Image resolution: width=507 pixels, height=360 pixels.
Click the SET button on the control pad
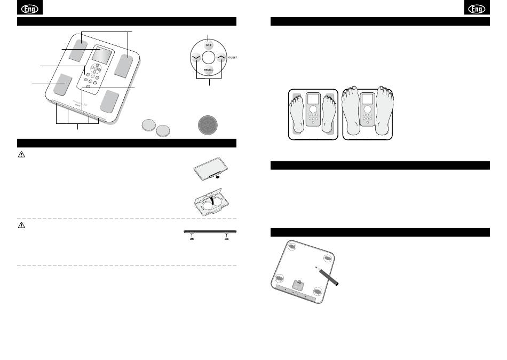(208, 45)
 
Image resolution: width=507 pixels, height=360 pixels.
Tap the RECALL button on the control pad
(208, 69)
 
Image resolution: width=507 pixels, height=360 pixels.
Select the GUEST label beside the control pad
(232, 57)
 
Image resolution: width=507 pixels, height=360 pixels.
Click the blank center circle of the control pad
(208, 58)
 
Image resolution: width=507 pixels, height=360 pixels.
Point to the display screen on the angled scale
(102, 55)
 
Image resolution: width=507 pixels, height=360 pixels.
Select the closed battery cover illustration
(210, 169)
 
